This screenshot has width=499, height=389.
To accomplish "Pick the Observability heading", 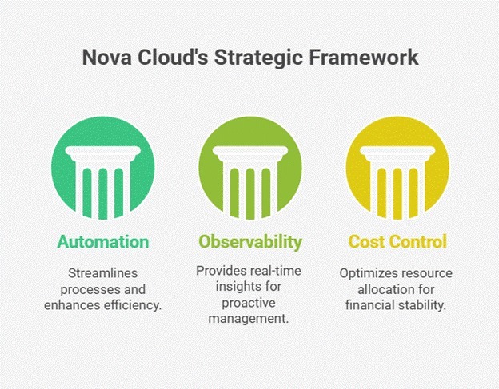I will point(249,241).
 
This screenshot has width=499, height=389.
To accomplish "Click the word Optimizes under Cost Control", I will point(370,274).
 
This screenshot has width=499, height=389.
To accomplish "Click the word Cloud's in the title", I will point(171,59).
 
